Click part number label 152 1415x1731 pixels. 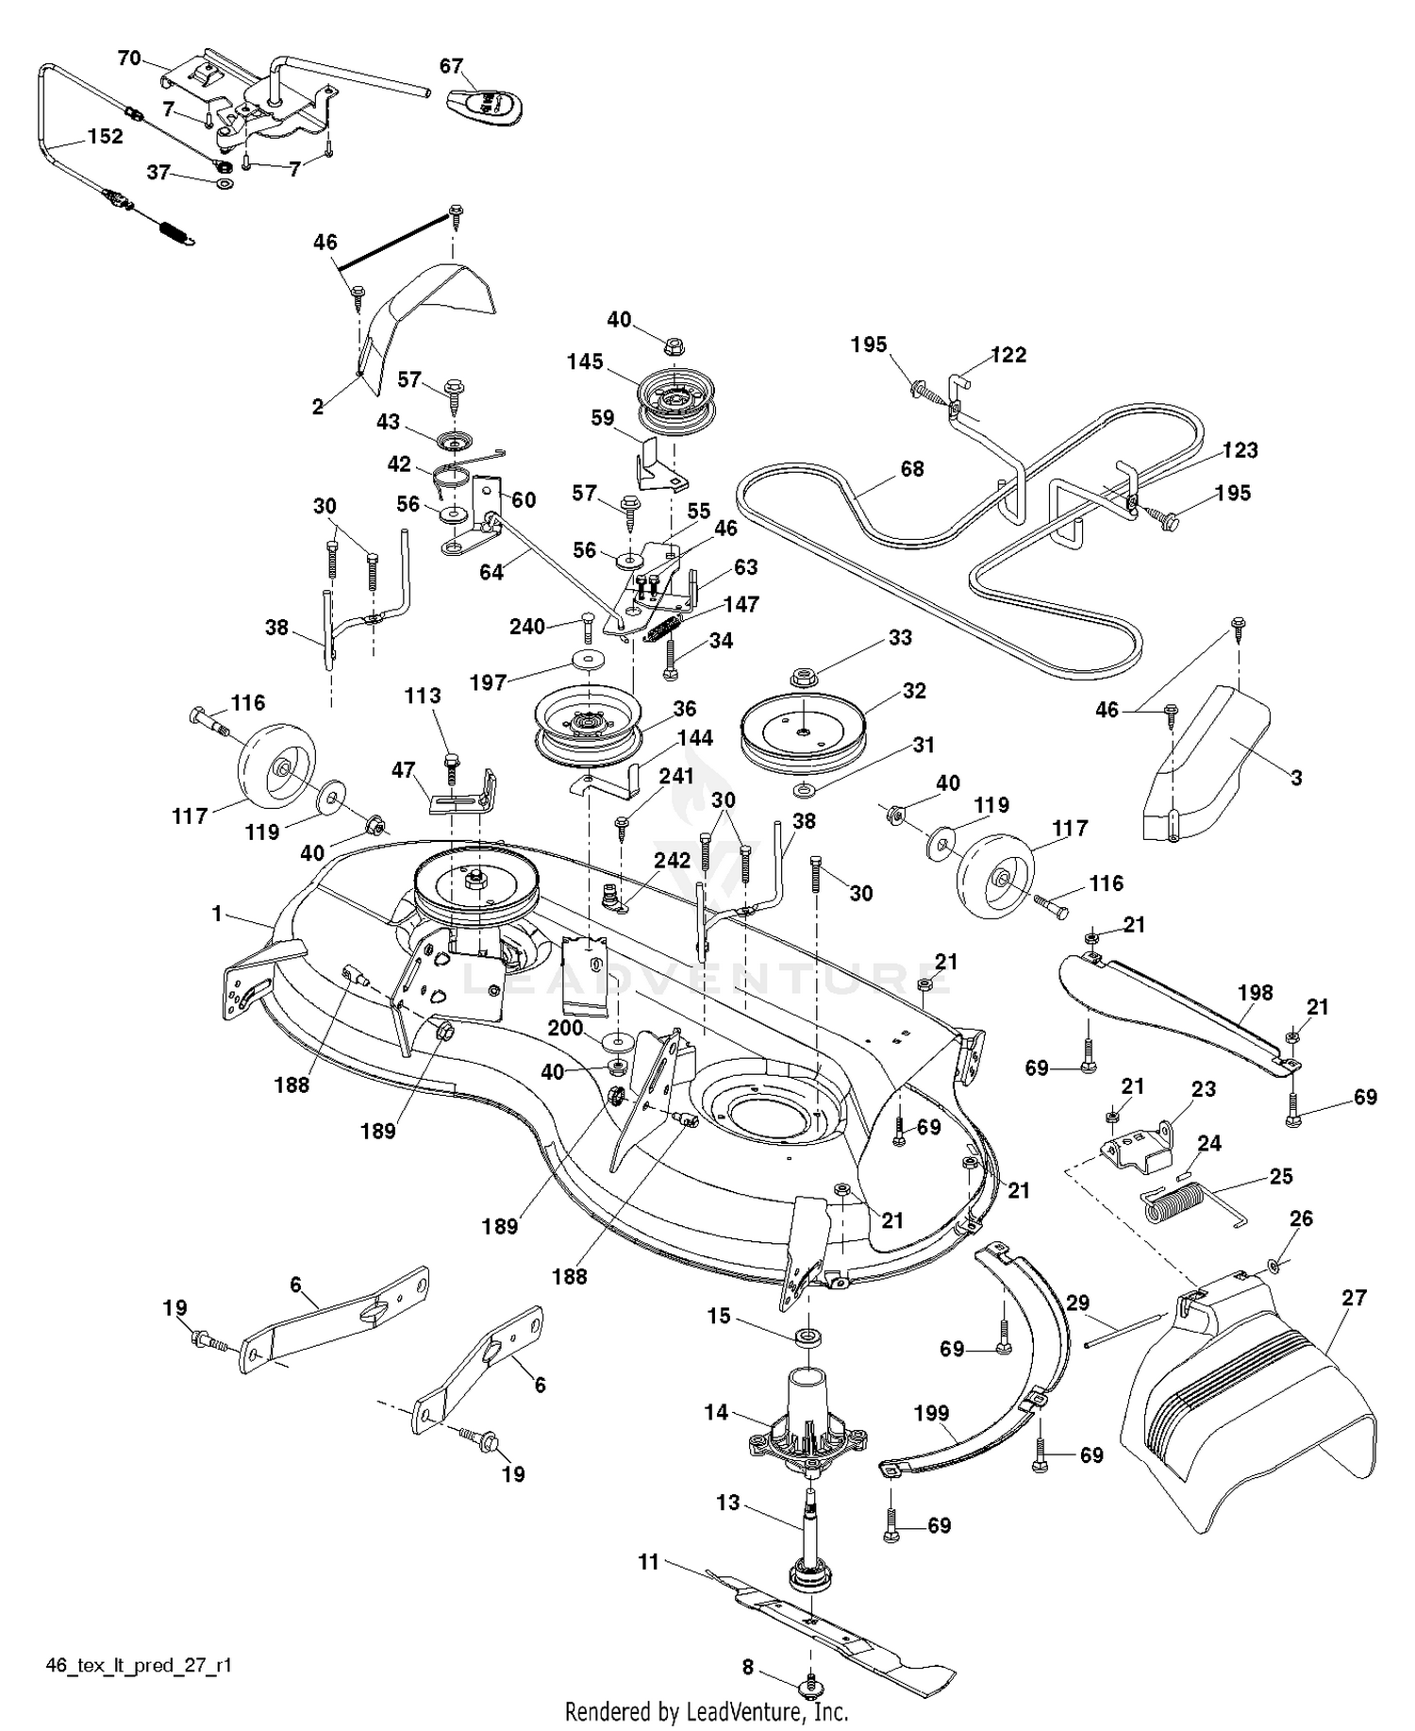[105, 137]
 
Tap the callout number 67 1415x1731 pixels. [451, 66]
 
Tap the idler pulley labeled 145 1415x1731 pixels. [676, 396]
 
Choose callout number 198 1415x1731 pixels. [1255, 992]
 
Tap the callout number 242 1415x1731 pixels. [673, 860]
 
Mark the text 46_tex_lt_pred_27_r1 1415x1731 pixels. [139, 1665]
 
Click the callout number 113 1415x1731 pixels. [423, 696]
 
